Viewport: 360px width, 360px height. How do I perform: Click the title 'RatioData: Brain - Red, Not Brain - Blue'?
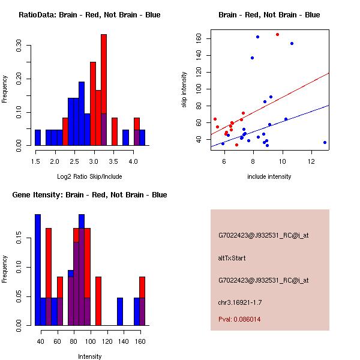click(x=89, y=15)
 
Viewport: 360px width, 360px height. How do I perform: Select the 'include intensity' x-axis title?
click(x=269, y=176)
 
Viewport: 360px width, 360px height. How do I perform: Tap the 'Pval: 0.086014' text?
click(x=239, y=319)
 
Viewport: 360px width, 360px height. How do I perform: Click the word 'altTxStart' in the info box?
click(x=232, y=258)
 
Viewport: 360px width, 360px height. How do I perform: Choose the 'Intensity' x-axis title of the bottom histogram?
click(x=89, y=356)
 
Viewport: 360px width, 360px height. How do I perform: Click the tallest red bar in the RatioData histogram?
click(x=104, y=90)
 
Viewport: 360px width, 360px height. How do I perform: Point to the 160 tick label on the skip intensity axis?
click(x=199, y=38)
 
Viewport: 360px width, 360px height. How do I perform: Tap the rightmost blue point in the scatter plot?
click(x=325, y=142)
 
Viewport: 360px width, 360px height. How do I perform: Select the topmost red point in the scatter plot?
click(x=277, y=34)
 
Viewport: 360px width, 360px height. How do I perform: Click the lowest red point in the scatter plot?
click(x=236, y=145)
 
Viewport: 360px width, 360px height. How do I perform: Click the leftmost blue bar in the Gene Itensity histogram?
click(x=38, y=269)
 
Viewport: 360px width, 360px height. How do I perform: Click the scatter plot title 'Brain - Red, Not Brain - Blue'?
click(x=269, y=15)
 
